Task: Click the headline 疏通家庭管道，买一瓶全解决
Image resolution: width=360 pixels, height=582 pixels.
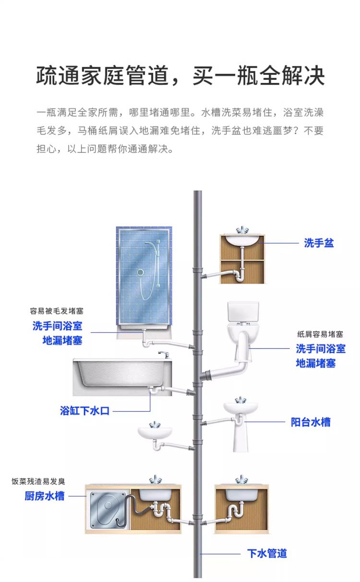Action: coord(180,75)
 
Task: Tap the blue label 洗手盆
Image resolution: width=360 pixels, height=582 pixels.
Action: coord(319,243)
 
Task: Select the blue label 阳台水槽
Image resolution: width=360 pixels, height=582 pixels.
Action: coord(311,422)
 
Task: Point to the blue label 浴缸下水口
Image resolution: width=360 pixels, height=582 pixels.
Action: coord(84,411)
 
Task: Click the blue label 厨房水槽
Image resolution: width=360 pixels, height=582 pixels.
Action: coord(45,496)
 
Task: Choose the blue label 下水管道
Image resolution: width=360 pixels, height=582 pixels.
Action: coord(267,553)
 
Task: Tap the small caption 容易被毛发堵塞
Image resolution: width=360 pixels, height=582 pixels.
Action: coord(57,311)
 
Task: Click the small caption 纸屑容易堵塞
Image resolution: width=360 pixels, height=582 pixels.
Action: coord(320,334)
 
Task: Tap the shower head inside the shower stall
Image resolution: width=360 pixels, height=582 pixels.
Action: coord(140,272)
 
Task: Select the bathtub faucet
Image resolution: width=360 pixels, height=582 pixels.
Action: coord(163,354)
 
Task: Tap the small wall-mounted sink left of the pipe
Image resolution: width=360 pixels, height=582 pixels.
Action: coord(155,431)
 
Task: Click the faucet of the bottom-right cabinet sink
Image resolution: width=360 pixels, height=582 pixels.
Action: coord(241,479)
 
